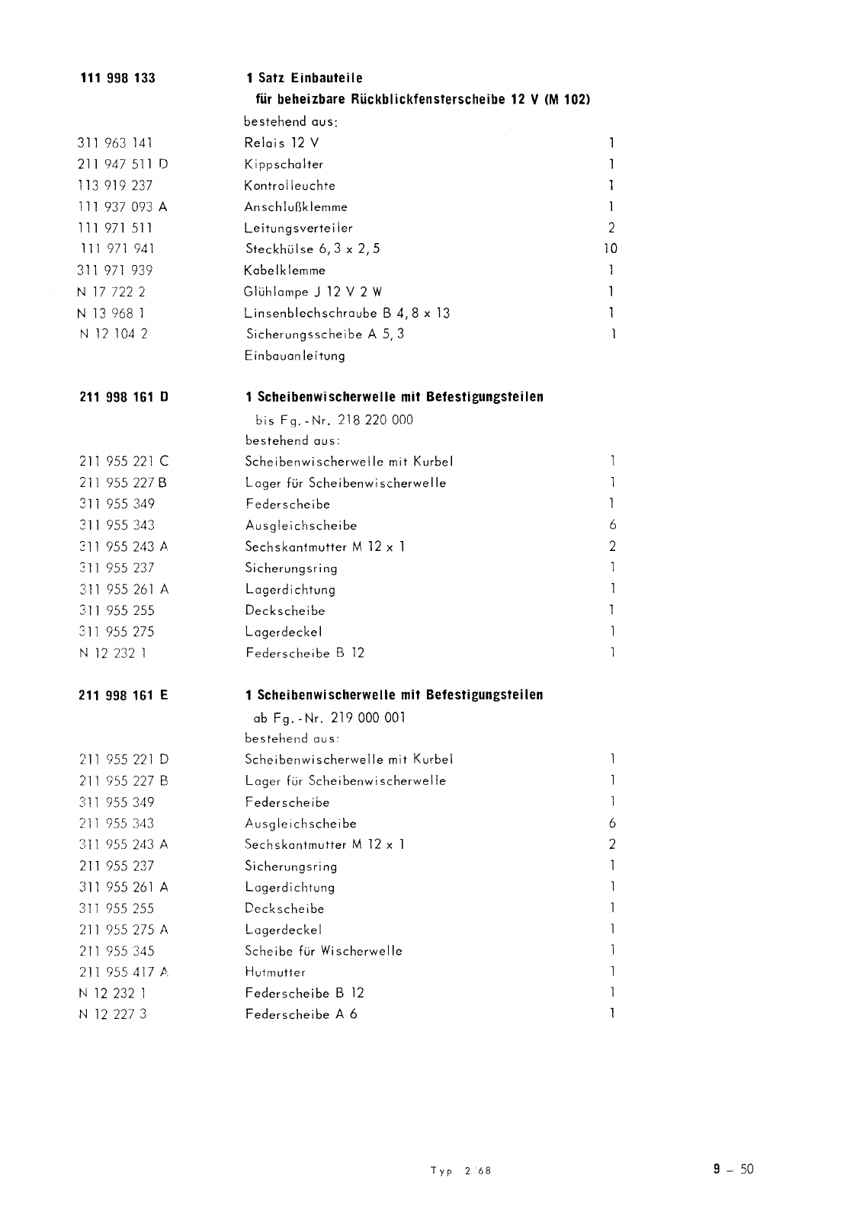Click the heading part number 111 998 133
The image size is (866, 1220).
pos(117,78)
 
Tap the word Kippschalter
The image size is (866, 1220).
pos(284,164)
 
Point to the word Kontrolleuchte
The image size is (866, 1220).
pos(290,185)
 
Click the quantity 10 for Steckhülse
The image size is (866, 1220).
pos(610,248)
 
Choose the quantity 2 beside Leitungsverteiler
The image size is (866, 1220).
pos(611,227)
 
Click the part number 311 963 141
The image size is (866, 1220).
pos(115,142)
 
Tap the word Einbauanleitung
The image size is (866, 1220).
pos(294,355)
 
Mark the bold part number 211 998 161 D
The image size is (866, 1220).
pos(123,397)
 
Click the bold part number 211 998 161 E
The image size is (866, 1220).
pos(123,695)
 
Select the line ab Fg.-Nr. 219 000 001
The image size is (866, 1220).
pos(329,718)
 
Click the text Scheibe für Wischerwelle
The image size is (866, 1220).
pos(323,951)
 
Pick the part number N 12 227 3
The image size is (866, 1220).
pos(113,1014)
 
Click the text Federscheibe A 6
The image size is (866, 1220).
pos(301,1014)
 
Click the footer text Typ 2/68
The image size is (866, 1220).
pos(460,1171)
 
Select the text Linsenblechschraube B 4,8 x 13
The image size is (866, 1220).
pos(347,312)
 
